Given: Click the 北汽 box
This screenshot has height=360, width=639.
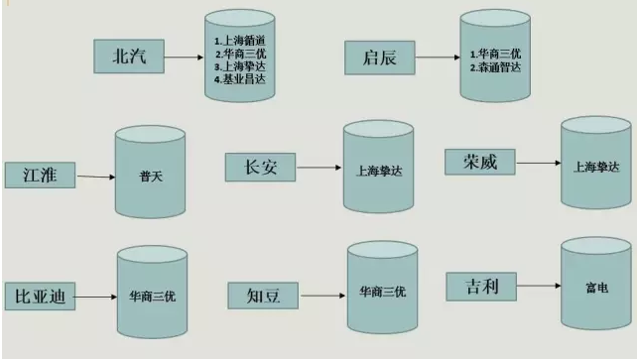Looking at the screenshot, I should (129, 58).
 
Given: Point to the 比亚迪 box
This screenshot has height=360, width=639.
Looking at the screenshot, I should (40, 296).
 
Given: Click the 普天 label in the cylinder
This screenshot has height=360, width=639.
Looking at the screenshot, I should (150, 177).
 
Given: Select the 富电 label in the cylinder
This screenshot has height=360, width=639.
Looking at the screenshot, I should (596, 287).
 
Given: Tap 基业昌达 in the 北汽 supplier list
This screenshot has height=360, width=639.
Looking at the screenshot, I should (241, 77).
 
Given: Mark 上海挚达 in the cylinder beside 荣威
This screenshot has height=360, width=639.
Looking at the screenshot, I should (595, 165).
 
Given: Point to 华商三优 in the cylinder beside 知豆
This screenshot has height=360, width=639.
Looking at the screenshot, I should (381, 293).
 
